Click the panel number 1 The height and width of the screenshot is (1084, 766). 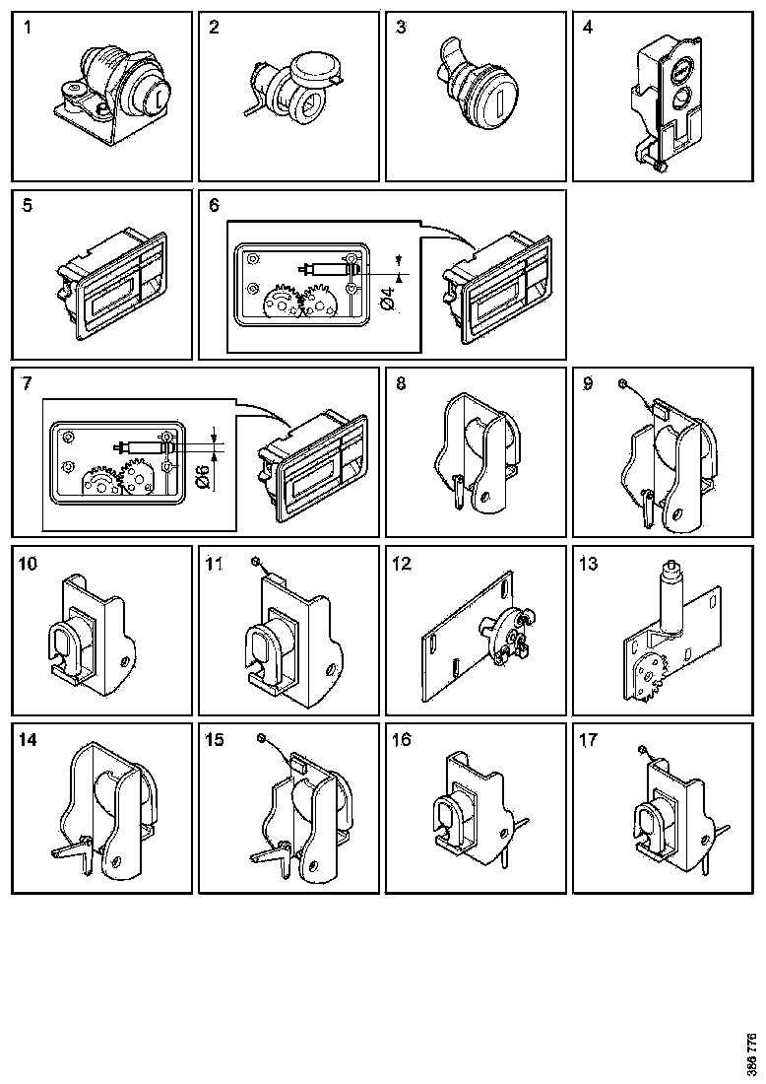point(28,28)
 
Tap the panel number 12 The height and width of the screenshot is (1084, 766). point(401,564)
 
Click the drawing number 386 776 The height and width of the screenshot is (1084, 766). point(752,1053)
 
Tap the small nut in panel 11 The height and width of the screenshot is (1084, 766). point(256,560)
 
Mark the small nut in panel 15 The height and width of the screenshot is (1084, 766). point(260,738)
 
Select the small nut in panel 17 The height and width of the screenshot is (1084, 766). point(640,751)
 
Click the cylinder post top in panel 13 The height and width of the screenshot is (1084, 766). point(672,569)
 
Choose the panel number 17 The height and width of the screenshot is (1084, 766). point(589,739)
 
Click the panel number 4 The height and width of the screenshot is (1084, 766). point(588,28)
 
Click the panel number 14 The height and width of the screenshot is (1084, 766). point(28,739)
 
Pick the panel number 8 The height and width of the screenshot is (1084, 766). point(401,384)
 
